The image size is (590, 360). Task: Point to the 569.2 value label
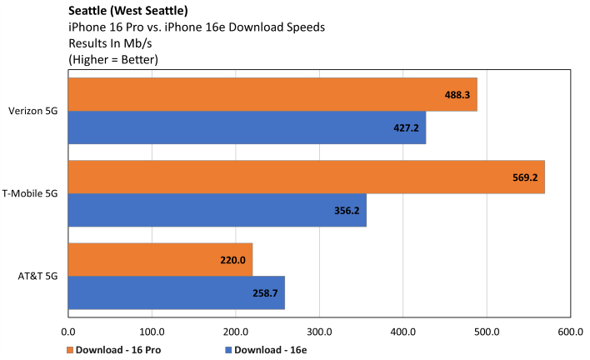click(x=525, y=177)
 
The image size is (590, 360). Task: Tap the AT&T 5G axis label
click(x=39, y=276)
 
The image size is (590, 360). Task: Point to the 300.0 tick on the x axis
click(x=319, y=333)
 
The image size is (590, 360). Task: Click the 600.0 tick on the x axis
click(x=570, y=333)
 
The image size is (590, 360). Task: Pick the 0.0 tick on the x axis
click(x=68, y=333)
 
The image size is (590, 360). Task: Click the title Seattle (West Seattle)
click(x=124, y=12)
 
